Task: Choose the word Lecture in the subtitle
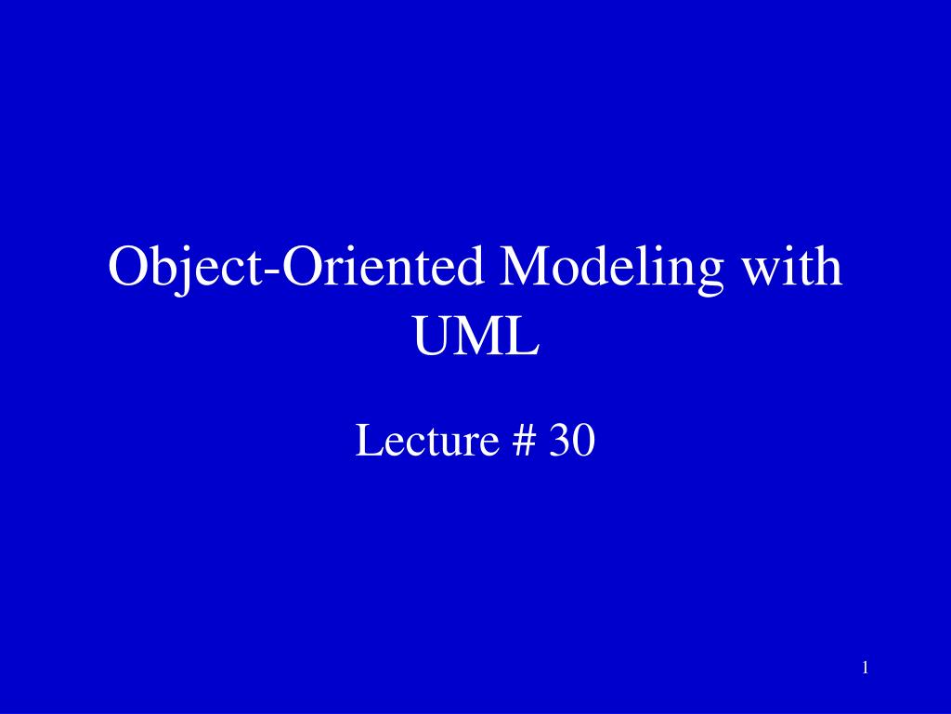tap(423, 441)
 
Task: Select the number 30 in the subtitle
tap(571, 441)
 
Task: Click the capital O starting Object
tap(127, 268)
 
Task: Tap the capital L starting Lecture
tap(365, 441)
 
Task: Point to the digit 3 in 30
tap(559, 441)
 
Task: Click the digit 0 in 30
tap(583, 441)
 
